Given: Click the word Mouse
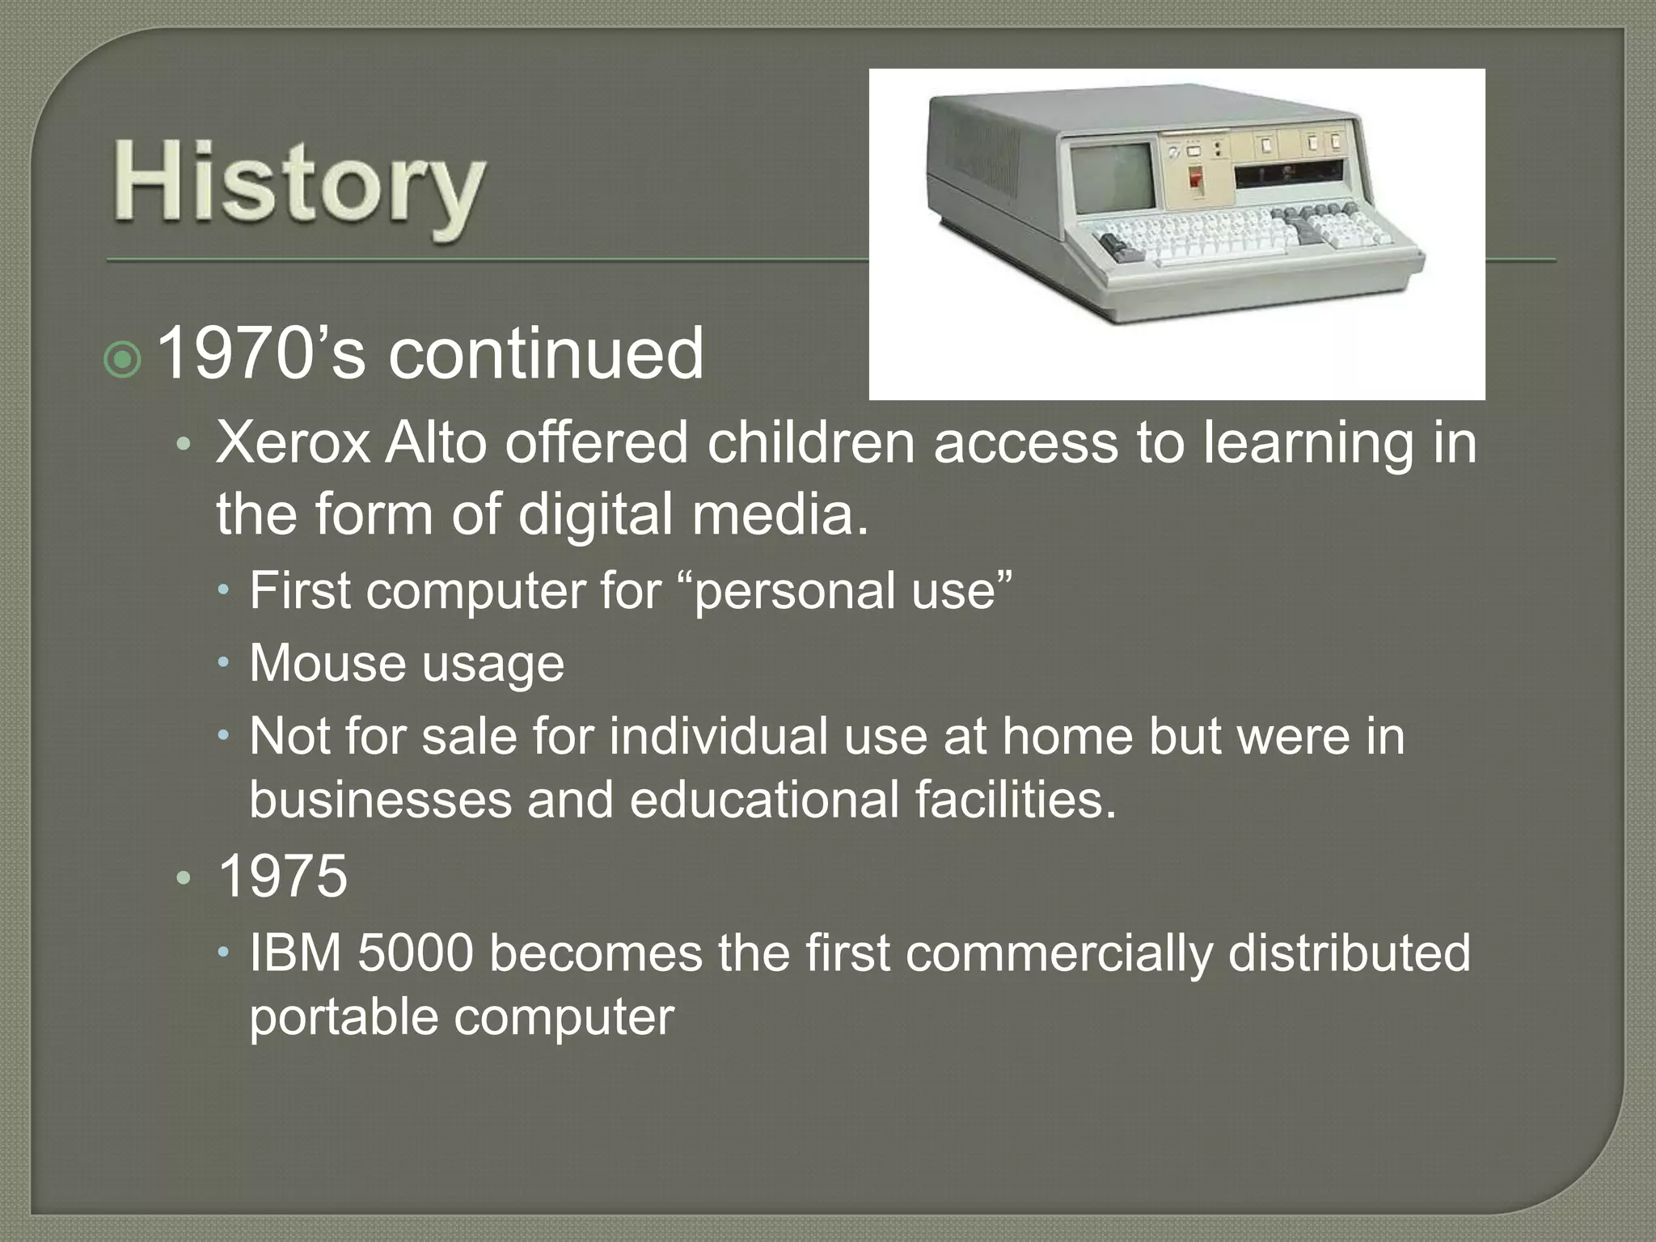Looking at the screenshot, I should [327, 664].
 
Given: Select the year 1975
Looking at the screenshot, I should [282, 877].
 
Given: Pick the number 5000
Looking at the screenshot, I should [415, 953].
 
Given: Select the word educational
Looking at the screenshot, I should [763, 800].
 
